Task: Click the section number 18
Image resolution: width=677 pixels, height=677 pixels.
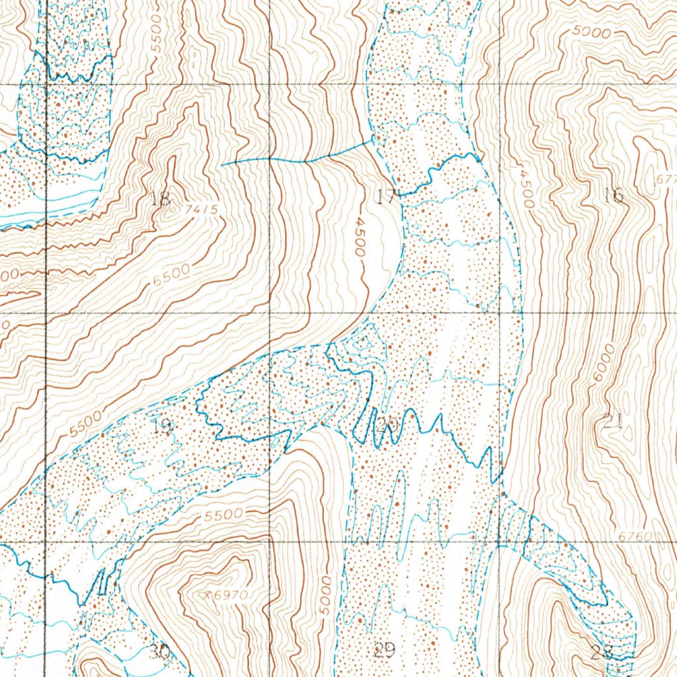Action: (161, 198)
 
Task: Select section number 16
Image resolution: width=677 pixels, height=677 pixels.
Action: (614, 195)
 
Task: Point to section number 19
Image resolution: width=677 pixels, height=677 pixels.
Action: (162, 426)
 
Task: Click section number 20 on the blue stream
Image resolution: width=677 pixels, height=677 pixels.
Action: (387, 426)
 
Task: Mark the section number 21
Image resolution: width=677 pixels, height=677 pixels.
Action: (613, 421)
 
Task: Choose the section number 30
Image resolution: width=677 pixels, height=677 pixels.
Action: (159, 653)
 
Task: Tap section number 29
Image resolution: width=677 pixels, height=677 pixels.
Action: (384, 651)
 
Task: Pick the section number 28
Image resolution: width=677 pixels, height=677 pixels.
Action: (602, 653)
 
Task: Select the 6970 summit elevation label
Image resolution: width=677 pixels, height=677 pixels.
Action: (229, 596)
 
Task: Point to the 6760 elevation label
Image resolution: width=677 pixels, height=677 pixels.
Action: (636, 536)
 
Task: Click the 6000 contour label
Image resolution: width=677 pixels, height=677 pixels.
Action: (603, 362)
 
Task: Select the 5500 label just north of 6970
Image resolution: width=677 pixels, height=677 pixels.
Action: (223, 514)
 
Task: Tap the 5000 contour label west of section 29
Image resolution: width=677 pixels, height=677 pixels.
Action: (323, 596)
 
